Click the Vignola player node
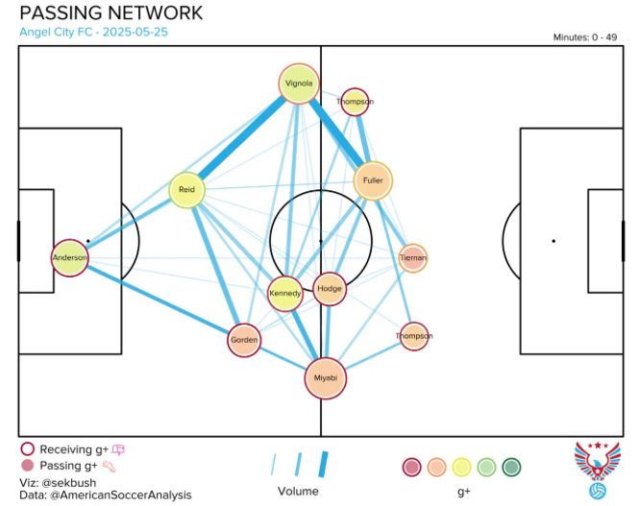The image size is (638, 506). pos(299,84)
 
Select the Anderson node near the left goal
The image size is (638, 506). pos(69,257)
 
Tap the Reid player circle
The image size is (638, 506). pos(186,190)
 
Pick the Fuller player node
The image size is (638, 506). pos(373,181)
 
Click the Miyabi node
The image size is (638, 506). pos(325,378)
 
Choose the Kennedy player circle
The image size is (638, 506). pos(284,293)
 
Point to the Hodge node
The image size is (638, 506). pos(330,289)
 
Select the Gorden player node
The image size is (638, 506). pos(244,340)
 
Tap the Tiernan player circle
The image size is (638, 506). pos(413,258)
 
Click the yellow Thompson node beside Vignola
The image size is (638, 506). pos(355,102)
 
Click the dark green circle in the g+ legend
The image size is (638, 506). pos(511,467)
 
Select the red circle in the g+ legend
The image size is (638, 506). pos(411,467)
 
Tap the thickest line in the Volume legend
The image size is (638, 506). pos(323,465)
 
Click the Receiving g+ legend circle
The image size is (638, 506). pos(27,448)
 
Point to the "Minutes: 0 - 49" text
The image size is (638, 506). pos(584,37)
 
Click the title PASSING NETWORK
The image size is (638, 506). pos(110,12)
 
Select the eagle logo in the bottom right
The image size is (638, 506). pos(597,470)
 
